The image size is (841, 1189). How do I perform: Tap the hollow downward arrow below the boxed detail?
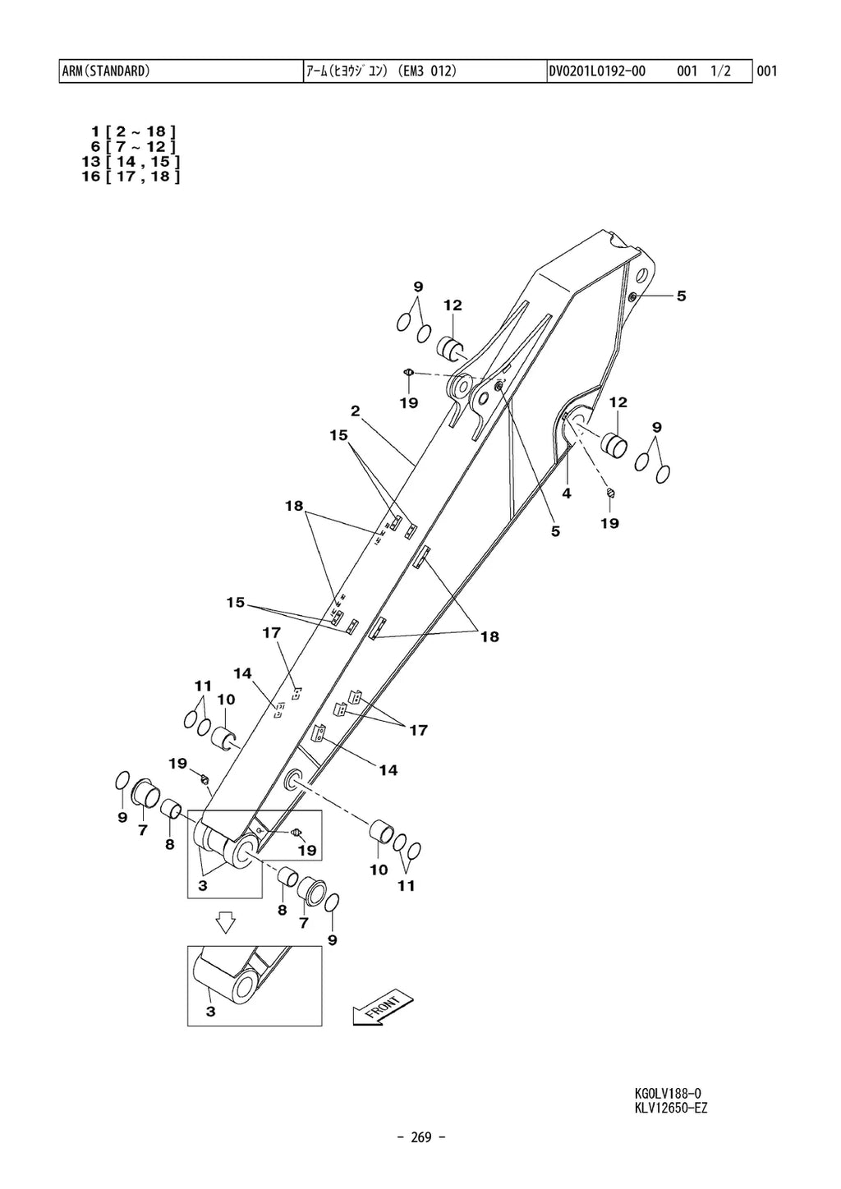pyautogui.click(x=227, y=925)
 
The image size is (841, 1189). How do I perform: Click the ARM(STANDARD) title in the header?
pyautogui.click(x=106, y=71)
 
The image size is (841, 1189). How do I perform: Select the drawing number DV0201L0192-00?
pyautogui.click(x=597, y=71)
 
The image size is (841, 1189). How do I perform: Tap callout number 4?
pyautogui.click(x=567, y=494)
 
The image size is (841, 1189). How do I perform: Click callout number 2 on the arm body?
pyautogui.click(x=355, y=411)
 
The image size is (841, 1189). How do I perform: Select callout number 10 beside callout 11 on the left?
pyautogui.click(x=226, y=700)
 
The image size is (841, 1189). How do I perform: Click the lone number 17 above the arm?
pyautogui.click(x=271, y=633)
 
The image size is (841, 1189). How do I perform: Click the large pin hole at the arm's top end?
pyautogui.click(x=642, y=276)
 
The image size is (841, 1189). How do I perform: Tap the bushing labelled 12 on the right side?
pyautogui.click(x=614, y=443)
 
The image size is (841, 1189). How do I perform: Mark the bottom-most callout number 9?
pyautogui.click(x=332, y=939)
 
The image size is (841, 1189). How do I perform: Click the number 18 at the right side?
pyautogui.click(x=489, y=636)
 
